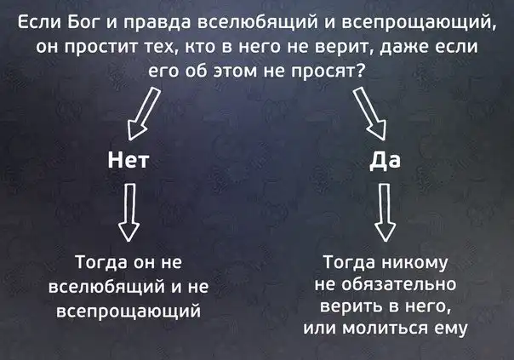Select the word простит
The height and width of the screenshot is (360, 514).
[90, 48]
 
